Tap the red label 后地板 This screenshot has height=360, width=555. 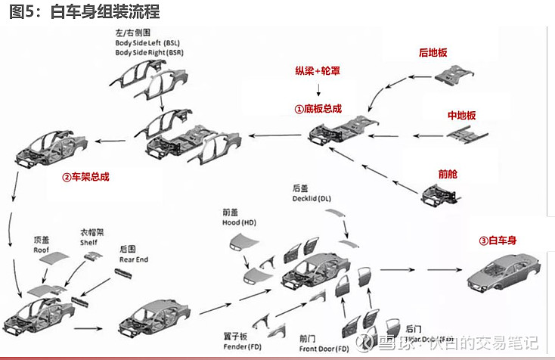point(433,53)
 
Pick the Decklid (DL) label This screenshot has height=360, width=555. point(312,198)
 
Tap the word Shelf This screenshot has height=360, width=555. point(89,243)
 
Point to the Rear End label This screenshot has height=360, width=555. point(134,259)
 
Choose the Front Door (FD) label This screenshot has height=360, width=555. point(324,349)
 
